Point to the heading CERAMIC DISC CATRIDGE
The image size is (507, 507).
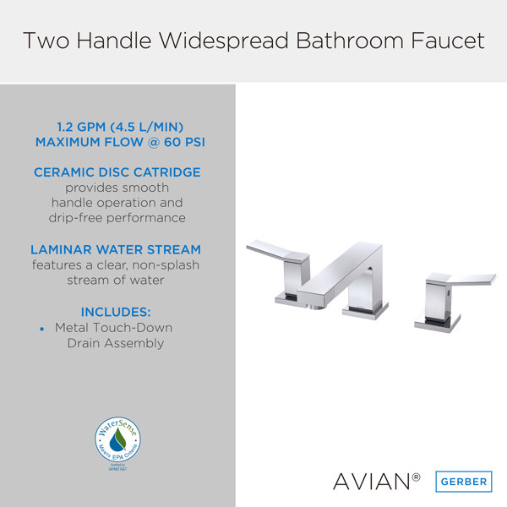[117, 172]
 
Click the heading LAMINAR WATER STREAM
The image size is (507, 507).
[116, 249]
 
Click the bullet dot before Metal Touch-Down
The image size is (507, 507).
[41, 328]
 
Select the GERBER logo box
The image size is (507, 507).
[462, 481]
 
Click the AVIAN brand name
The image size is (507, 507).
[370, 482]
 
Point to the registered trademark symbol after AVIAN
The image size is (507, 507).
[416, 477]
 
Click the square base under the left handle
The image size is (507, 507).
[292, 297]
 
